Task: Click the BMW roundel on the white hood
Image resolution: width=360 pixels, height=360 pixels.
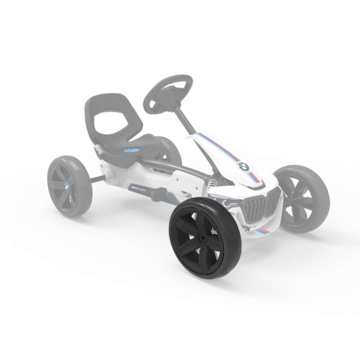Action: click(243, 166)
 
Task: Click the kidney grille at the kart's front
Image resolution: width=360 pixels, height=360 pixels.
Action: click(260, 205)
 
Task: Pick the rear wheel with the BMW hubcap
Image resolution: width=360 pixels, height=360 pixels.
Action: click(70, 185)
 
